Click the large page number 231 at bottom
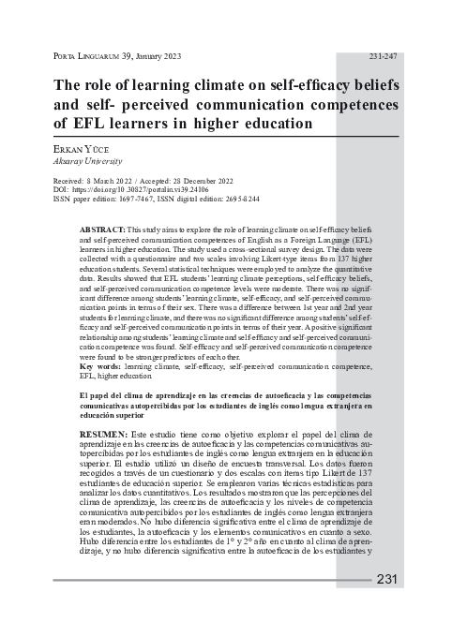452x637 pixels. pos(388,579)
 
